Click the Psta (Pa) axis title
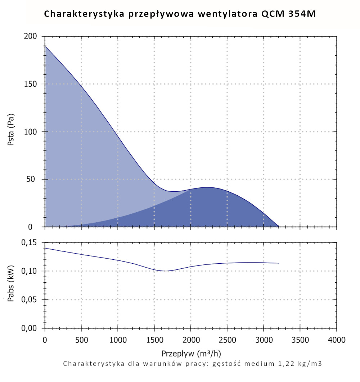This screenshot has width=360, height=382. (11, 132)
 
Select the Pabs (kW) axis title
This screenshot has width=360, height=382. (11, 285)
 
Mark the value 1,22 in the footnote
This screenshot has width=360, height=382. (282, 364)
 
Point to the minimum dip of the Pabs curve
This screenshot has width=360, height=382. (165, 271)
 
